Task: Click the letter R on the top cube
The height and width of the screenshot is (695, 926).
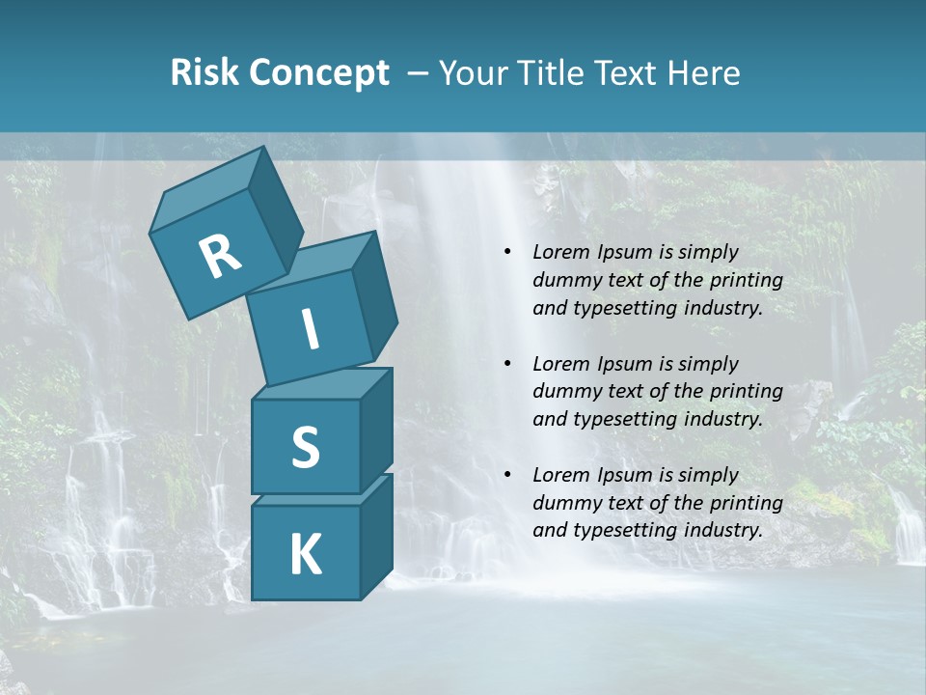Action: click(220, 257)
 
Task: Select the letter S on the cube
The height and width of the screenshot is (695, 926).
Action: click(305, 448)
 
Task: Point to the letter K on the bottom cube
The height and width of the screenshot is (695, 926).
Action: click(305, 555)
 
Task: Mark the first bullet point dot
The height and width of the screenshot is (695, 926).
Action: click(507, 252)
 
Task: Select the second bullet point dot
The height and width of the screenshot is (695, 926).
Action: click(507, 364)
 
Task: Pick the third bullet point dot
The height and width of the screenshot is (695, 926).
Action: click(507, 475)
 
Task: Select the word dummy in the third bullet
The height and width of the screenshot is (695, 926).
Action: click(562, 503)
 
